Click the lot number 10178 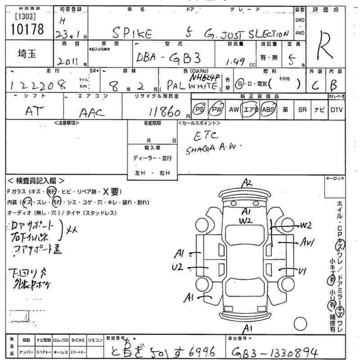coord(27,29)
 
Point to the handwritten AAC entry coord(92,112)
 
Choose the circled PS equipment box coord(199,110)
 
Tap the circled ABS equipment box coord(268,110)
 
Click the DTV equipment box coord(336,110)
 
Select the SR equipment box coord(302,110)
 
